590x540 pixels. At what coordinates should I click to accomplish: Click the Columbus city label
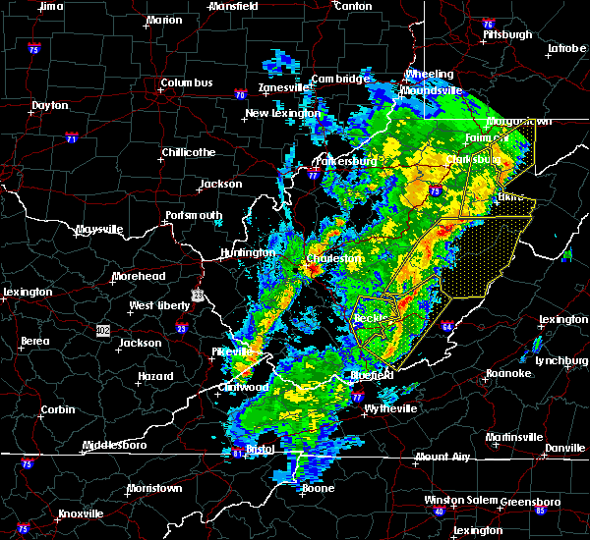(x=188, y=83)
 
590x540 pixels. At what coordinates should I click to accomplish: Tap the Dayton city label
(x=49, y=105)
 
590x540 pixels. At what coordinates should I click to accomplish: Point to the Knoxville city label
(x=82, y=513)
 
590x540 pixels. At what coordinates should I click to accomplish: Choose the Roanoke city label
(x=508, y=373)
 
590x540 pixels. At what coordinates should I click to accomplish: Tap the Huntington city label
(x=247, y=252)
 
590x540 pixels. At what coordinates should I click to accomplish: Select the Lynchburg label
(x=560, y=360)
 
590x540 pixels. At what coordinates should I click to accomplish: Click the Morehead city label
(x=136, y=276)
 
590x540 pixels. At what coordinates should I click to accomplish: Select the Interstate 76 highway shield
(x=488, y=24)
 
